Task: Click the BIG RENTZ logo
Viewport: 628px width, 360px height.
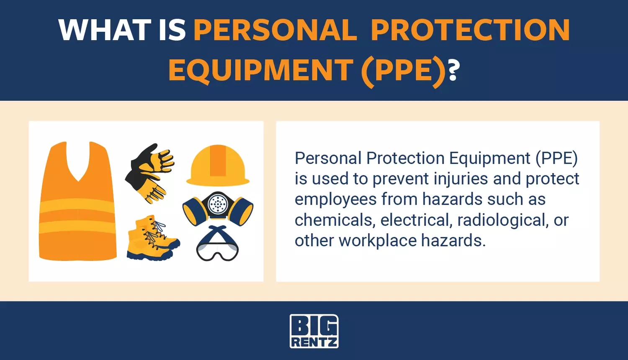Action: (x=314, y=331)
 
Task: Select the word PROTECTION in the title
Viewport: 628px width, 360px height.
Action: (x=471, y=30)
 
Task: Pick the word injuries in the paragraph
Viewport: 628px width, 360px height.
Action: (x=461, y=179)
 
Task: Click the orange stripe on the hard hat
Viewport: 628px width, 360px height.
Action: (x=218, y=161)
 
